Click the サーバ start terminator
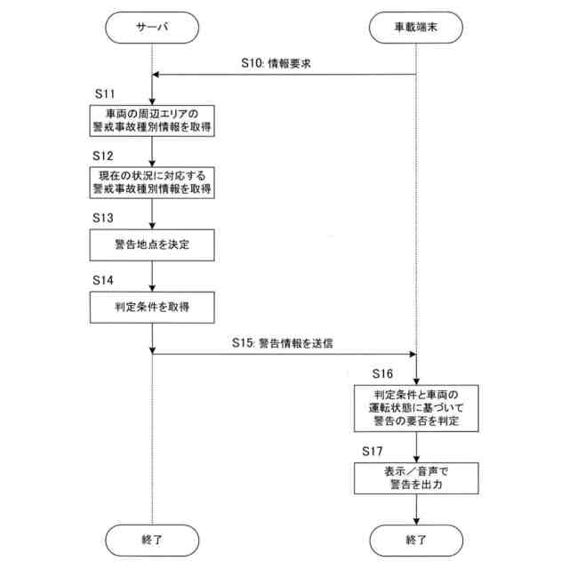(x=152, y=28)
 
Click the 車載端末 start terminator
(x=416, y=28)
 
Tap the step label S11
(x=104, y=92)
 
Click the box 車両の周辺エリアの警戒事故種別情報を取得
(x=152, y=119)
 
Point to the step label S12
(x=104, y=155)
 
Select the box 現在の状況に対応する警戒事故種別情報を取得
(x=152, y=181)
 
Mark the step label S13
(x=104, y=217)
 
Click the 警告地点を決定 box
(x=152, y=244)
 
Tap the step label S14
(x=104, y=279)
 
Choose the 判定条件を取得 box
(x=152, y=307)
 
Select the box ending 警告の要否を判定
(x=416, y=406)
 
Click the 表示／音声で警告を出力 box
(x=416, y=477)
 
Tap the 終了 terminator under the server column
(x=152, y=538)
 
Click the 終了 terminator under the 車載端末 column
(x=416, y=538)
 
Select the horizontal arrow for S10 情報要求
(x=284, y=75)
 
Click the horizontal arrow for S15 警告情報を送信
(x=284, y=353)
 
